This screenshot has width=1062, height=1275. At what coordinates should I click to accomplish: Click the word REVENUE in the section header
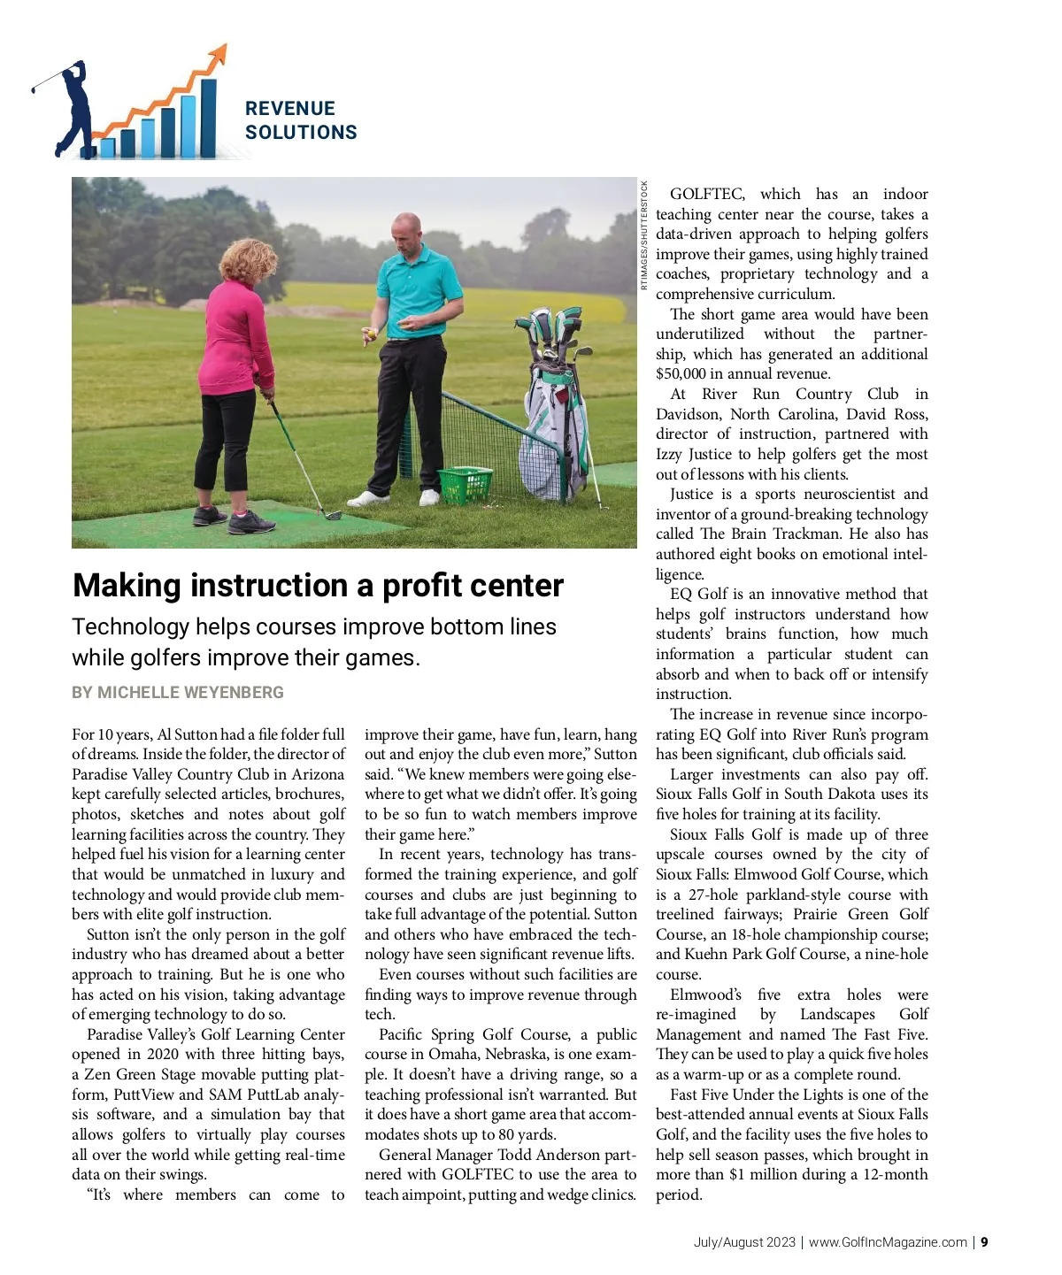pyautogui.click(x=290, y=109)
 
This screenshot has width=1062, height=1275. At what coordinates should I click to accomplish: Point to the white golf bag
pyautogui.click(x=554, y=434)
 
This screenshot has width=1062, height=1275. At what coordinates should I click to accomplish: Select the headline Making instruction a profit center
pyautogui.click(x=318, y=586)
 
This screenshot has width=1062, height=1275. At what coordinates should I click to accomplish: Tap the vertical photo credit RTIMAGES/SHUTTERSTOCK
pyautogui.click(x=644, y=234)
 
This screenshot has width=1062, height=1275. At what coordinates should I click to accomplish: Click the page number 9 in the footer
pyautogui.click(x=984, y=1242)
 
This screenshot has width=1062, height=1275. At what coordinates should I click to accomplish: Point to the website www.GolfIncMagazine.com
pyautogui.click(x=888, y=1242)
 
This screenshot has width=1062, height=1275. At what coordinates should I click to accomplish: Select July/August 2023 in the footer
pyautogui.click(x=744, y=1242)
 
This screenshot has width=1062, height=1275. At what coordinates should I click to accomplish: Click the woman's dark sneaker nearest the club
pyautogui.click(x=251, y=523)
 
